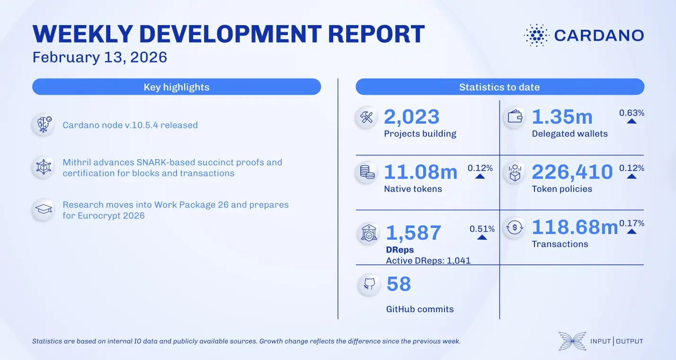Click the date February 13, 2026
pyautogui.click(x=100, y=57)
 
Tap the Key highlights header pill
pyautogui.click(x=177, y=87)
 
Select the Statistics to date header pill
pyautogui.click(x=499, y=87)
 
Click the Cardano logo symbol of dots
pyautogui.click(x=536, y=35)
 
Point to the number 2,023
pyautogui.click(x=411, y=117)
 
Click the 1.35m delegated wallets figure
pyautogui.click(x=562, y=117)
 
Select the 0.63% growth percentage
pyautogui.click(x=632, y=113)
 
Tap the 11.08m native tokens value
pyautogui.click(x=420, y=172)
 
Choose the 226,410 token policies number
pyautogui.click(x=572, y=172)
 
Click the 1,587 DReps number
pyautogui.click(x=414, y=233)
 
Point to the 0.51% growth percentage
pyautogui.click(x=482, y=229)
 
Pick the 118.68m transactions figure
pyautogui.click(x=575, y=227)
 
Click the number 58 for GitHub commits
pyautogui.click(x=399, y=284)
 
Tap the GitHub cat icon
pyautogui.click(x=369, y=284)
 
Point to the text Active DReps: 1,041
pyautogui.click(x=428, y=261)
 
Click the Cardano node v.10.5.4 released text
pyautogui.click(x=130, y=126)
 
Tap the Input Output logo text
pyautogui.click(x=616, y=341)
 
